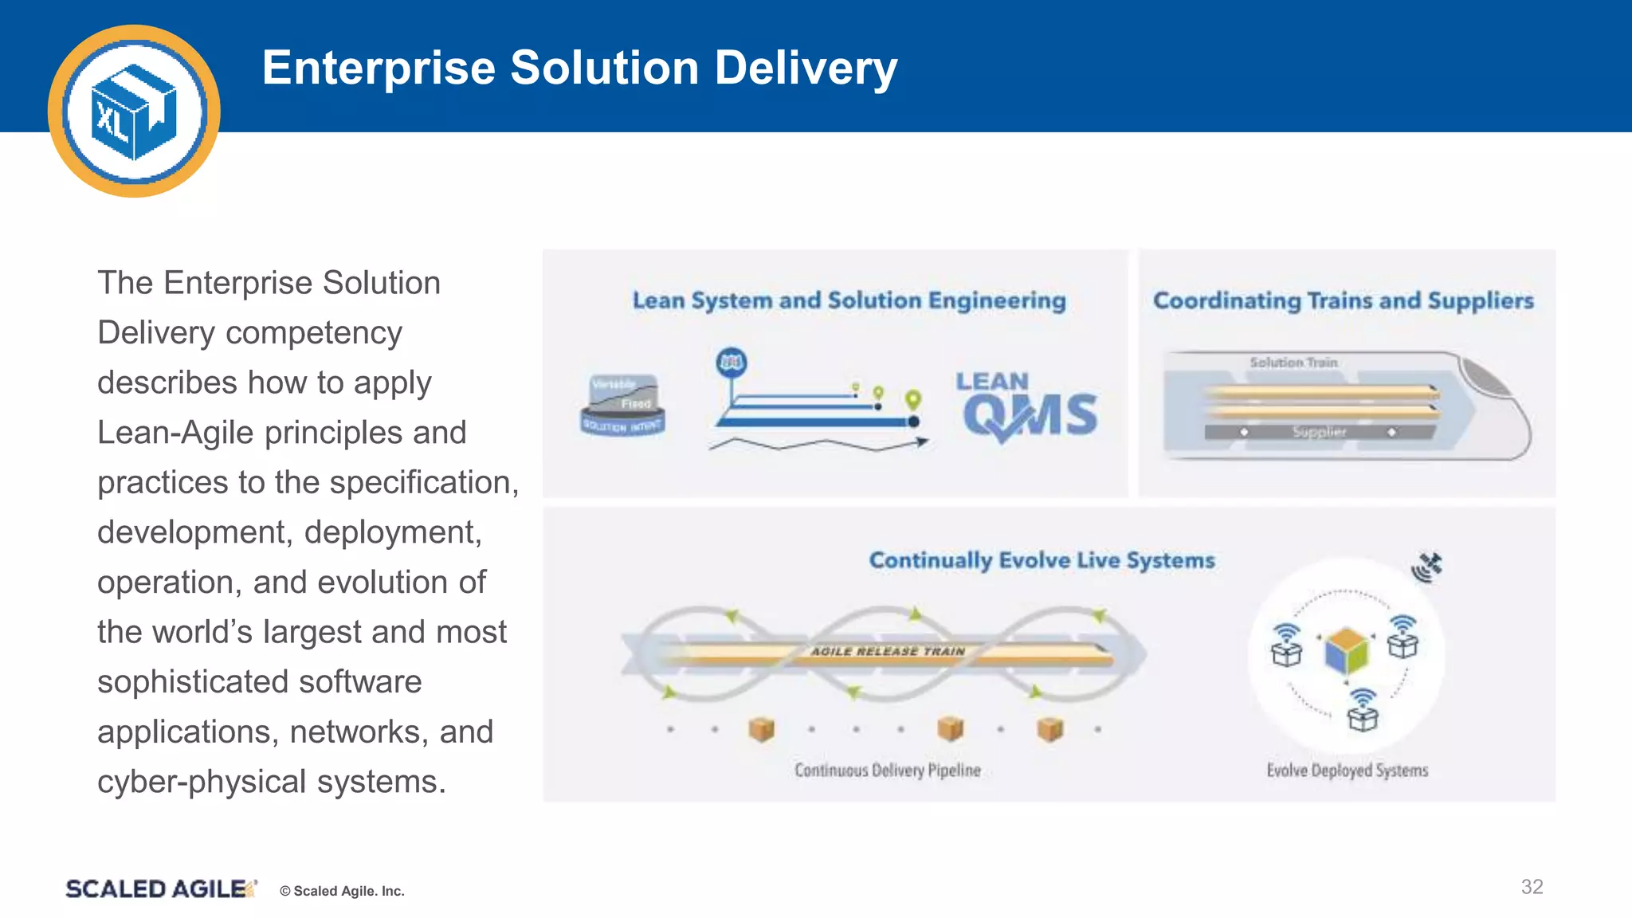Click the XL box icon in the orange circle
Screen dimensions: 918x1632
tap(134, 112)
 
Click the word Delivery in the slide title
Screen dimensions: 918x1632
tap(806, 68)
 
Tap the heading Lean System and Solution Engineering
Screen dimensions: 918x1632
tap(849, 300)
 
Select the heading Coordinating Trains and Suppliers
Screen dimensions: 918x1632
tap(1343, 300)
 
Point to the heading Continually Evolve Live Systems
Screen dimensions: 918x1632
tap(1042, 560)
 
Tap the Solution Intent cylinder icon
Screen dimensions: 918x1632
tap(623, 405)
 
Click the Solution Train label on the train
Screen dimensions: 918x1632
tap(1293, 363)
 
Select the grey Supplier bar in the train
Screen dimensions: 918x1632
tap(1319, 432)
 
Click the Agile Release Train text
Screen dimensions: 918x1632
tap(888, 651)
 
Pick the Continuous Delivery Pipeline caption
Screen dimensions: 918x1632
tap(887, 770)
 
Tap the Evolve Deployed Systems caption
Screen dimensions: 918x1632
tap(1347, 770)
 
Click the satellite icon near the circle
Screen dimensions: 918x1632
tap(1427, 567)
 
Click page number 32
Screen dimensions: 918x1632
tap(1532, 887)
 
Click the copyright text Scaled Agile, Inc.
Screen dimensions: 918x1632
tap(343, 891)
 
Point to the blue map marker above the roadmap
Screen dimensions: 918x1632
tap(732, 363)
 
